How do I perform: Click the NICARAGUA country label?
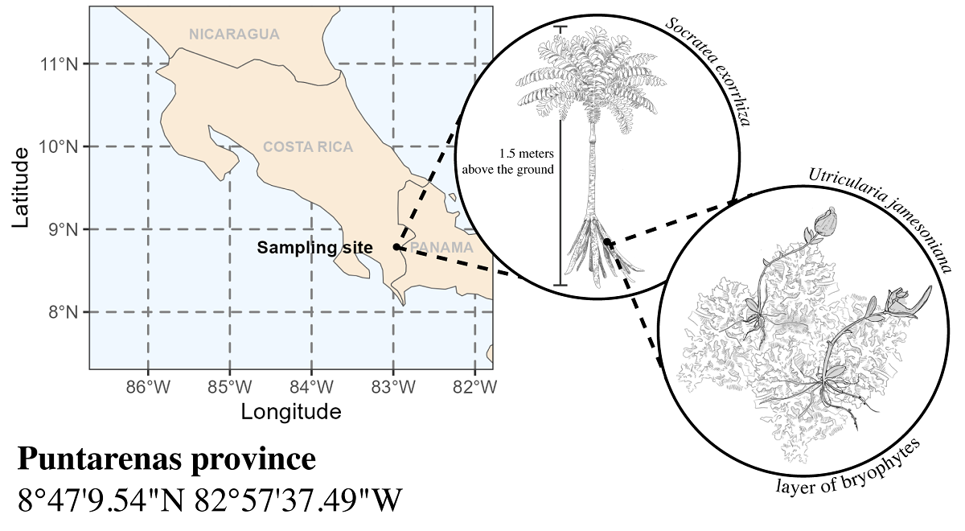click(x=234, y=35)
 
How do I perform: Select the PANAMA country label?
click(x=441, y=248)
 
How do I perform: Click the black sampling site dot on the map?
click(x=396, y=247)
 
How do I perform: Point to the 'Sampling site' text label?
click(x=314, y=248)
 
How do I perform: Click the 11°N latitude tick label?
click(x=60, y=64)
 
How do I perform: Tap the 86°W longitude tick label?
click(x=148, y=387)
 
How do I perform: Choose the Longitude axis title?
click(x=291, y=413)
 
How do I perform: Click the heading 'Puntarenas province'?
click(x=166, y=460)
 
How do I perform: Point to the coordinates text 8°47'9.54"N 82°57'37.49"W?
click(x=209, y=500)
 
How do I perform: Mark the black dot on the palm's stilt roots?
click(x=606, y=241)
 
